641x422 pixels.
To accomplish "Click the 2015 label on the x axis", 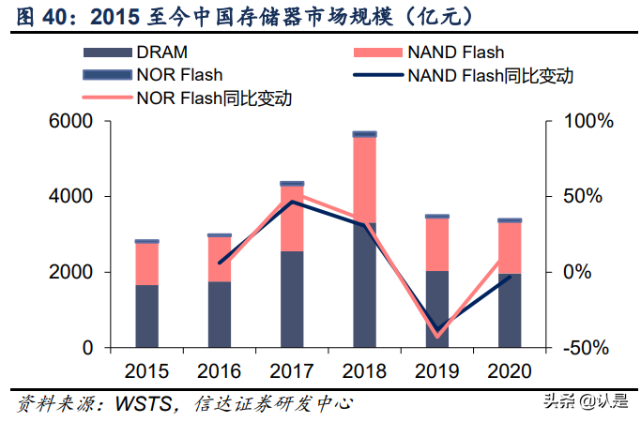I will pos(146,370).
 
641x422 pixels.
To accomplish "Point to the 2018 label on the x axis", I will pos(364,370).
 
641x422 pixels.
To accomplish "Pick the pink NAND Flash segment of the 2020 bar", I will pos(510,248).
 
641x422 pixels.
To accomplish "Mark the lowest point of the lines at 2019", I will pos(437,335).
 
